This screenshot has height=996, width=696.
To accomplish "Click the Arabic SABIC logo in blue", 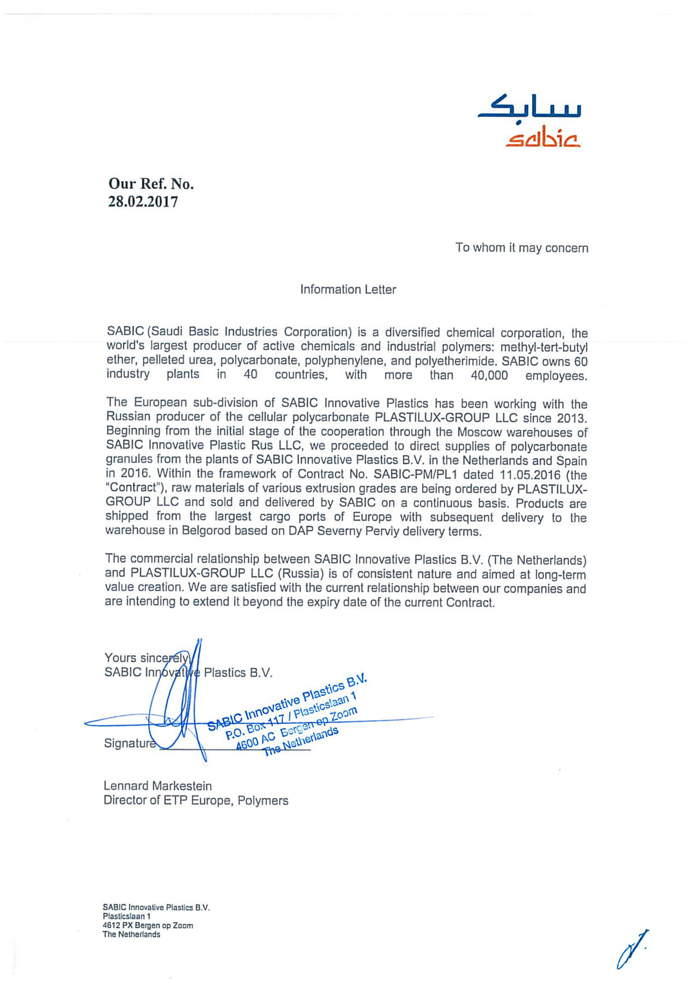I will [x=530, y=108].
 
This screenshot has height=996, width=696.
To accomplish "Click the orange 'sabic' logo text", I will [x=543, y=137].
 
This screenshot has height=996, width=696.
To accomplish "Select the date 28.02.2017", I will [x=142, y=202].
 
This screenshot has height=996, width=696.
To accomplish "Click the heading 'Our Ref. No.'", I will [x=151, y=184].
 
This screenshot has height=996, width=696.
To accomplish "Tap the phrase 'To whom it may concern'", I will [x=521, y=248].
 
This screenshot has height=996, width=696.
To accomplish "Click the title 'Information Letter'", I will [x=348, y=289].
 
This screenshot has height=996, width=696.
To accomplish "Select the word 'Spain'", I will [x=571, y=460].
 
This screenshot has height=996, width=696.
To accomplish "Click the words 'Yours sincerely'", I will [x=146, y=658].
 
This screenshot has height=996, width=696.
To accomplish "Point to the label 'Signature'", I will [x=130, y=743].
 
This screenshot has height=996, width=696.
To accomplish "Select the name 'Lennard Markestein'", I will [x=158, y=786].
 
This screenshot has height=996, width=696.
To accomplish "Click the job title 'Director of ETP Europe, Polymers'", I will [x=196, y=801].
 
